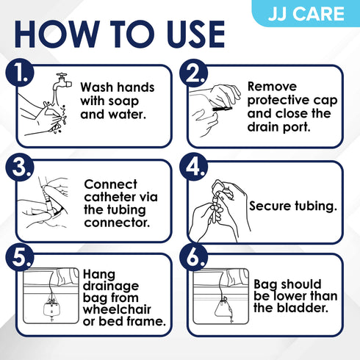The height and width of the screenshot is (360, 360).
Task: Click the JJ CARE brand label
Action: (318, 12)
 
